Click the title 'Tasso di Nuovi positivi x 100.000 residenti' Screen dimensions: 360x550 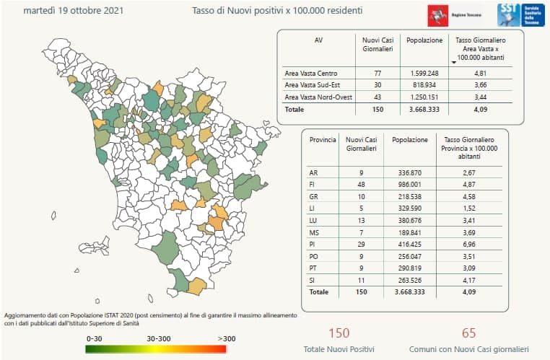coord(277,12)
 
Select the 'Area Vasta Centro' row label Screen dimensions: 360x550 coord(310,73)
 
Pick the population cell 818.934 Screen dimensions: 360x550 coord(424,84)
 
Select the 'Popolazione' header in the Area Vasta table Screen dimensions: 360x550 coord(424,40)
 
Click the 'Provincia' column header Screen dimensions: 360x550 coord(323,139)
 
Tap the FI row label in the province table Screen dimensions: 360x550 coord(313,185)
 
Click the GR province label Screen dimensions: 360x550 coord(313,198)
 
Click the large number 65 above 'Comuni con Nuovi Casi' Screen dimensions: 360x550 coord(468,333)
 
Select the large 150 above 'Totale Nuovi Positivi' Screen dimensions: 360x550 coord(339,333)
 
